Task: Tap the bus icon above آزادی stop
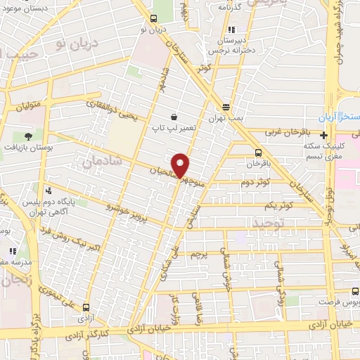coord(86,307)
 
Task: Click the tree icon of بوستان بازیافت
coord(29,135)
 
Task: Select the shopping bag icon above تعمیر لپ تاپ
coord(173,117)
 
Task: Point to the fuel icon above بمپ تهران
coord(226,107)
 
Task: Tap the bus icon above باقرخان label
coord(258,152)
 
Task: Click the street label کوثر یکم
coord(279,205)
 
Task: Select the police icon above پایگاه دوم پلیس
coord(49,189)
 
